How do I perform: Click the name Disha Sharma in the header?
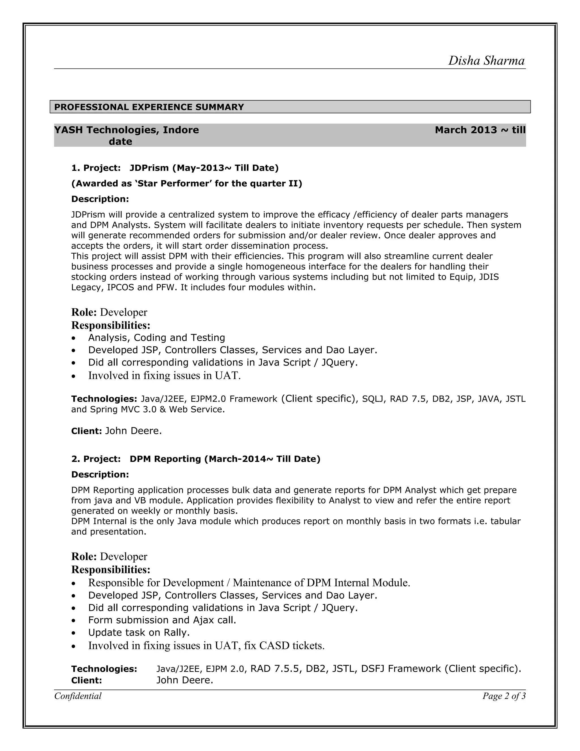486,61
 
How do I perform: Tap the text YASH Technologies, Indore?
126,130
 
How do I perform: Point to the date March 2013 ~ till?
480,130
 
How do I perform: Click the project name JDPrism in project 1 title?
149,168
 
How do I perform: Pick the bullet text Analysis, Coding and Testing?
156,338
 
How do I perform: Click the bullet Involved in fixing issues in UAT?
164,375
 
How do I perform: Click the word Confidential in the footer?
78,696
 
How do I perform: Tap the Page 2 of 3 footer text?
504,696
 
